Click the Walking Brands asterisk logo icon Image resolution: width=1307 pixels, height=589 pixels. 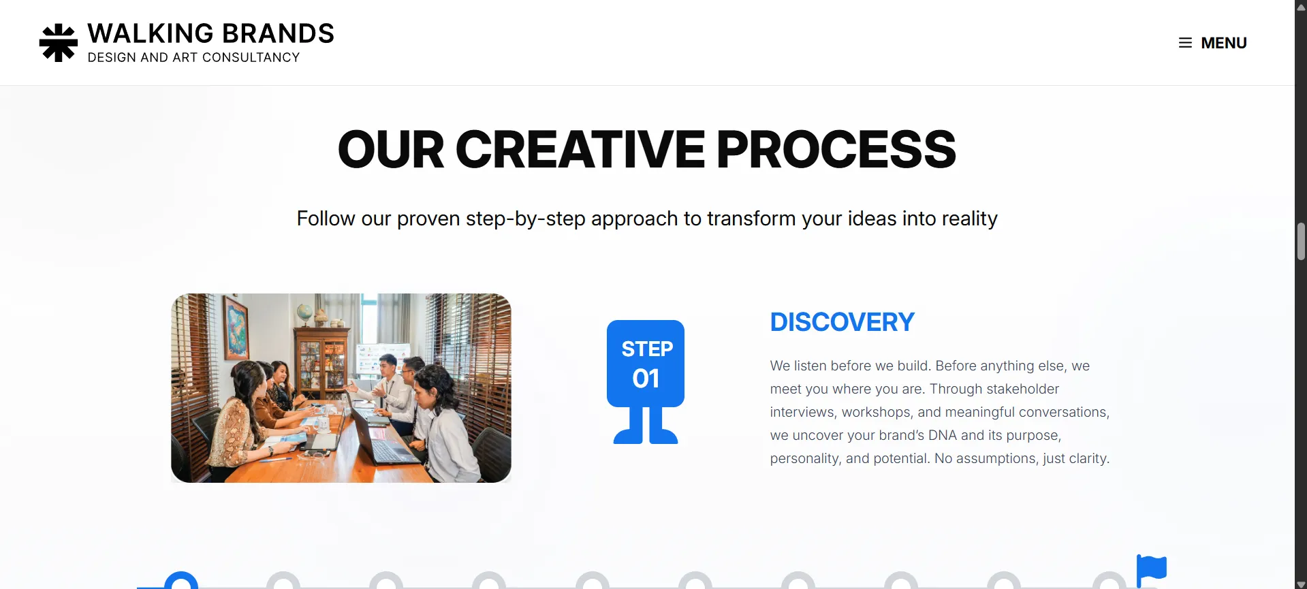click(x=59, y=43)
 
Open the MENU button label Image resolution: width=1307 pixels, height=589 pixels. click(x=1223, y=43)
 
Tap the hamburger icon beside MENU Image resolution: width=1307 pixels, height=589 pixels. click(x=1185, y=43)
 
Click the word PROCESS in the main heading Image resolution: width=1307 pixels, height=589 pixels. click(x=836, y=150)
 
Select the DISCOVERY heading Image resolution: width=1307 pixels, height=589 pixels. click(x=842, y=322)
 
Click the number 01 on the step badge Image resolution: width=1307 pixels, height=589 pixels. click(x=646, y=379)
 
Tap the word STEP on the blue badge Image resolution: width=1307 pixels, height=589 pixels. click(x=647, y=349)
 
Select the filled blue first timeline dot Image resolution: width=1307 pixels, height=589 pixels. click(x=181, y=581)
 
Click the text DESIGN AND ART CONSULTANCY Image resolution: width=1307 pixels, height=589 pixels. click(x=193, y=58)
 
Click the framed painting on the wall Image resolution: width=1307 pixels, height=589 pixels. click(x=236, y=327)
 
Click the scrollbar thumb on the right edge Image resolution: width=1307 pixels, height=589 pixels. click(x=1301, y=241)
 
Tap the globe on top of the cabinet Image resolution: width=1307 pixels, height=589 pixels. click(x=304, y=312)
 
